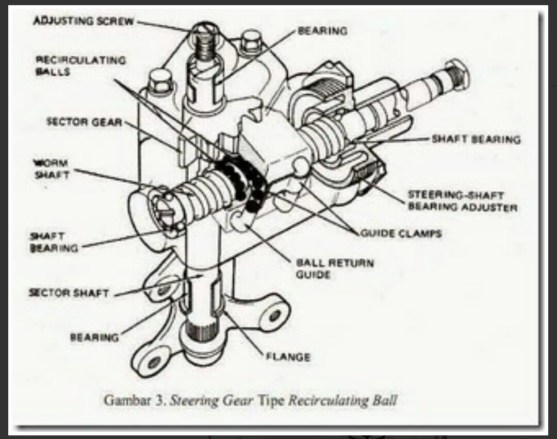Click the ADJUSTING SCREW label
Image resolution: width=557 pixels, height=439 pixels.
[x=83, y=21]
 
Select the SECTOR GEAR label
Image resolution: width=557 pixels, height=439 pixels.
[x=85, y=122]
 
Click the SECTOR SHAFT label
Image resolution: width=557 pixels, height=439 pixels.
[x=69, y=293]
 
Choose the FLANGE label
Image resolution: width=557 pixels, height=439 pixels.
[x=288, y=357]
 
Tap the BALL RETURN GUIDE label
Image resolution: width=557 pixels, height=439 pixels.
[x=334, y=268]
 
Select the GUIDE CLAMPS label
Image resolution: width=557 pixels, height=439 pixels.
[x=401, y=233]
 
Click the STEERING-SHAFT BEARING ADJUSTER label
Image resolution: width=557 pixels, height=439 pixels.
[x=463, y=201]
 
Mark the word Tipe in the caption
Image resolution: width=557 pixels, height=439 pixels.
[x=271, y=400]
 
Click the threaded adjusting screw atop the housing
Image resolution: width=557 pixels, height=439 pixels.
[x=205, y=45]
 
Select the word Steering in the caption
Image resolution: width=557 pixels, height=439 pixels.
[x=189, y=400]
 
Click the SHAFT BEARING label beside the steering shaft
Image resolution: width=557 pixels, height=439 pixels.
[x=476, y=139]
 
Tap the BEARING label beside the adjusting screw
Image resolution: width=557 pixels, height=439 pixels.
[x=322, y=31]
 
